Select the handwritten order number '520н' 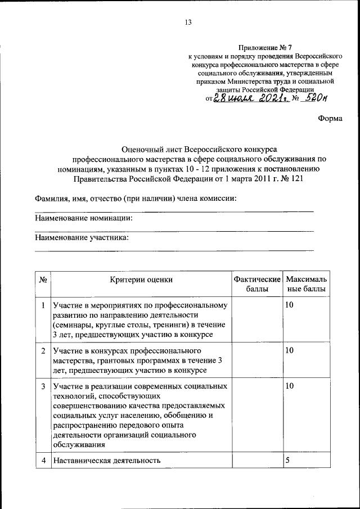click(x=314, y=99)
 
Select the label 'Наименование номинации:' click(x=87, y=218)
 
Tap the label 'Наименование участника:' click(x=82, y=237)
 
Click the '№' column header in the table click(x=43, y=279)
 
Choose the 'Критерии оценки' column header click(x=141, y=279)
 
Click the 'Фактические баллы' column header click(x=257, y=284)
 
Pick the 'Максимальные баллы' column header click(x=307, y=284)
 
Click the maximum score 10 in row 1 click(x=290, y=305)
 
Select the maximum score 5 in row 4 click(x=287, y=460)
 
